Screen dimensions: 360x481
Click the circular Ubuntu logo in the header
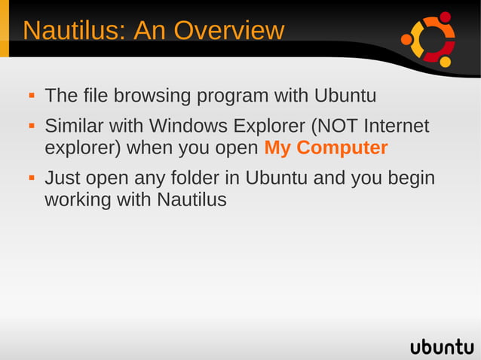(x=429, y=39)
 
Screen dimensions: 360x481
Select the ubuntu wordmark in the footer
(x=442, y=346)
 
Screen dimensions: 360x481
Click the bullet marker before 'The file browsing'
(x=32, y=97)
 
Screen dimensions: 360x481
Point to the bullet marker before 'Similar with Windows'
(x=32, y=126)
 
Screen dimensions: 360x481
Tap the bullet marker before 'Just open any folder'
(x=32, y=179)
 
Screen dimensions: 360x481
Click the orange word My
(x=277, y=148)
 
